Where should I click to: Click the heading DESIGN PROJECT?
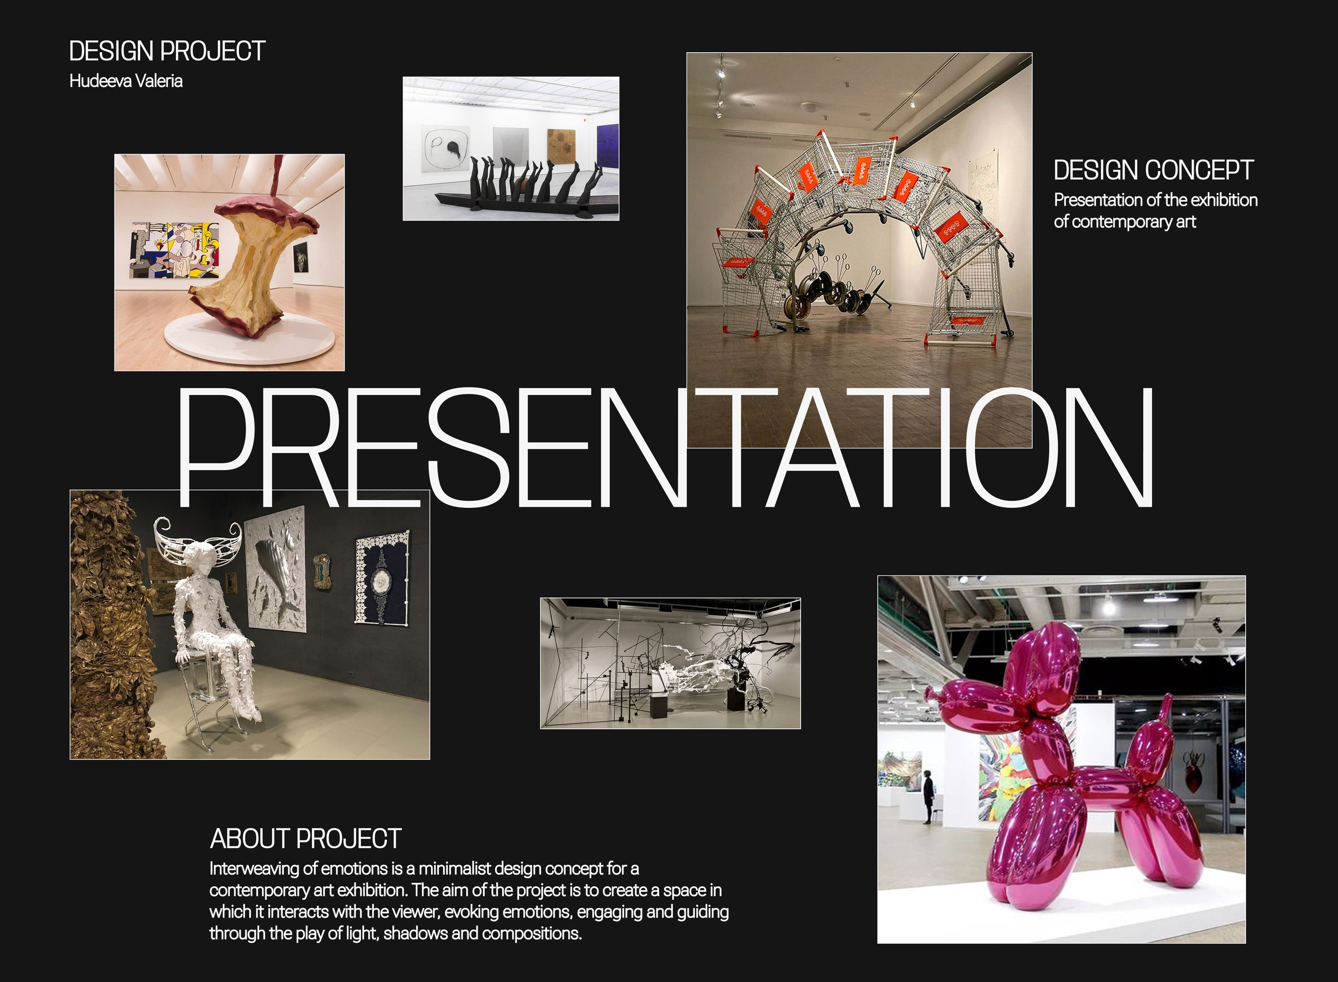click(167, 51)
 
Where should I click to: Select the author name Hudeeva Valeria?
click(126, 81)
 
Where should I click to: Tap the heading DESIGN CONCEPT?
click(1154, 170)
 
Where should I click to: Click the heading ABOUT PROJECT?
click(306, 839)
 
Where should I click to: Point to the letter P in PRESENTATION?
click(216, 447)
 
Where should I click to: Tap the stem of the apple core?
click(277, 176)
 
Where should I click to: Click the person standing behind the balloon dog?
click(928, 796)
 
